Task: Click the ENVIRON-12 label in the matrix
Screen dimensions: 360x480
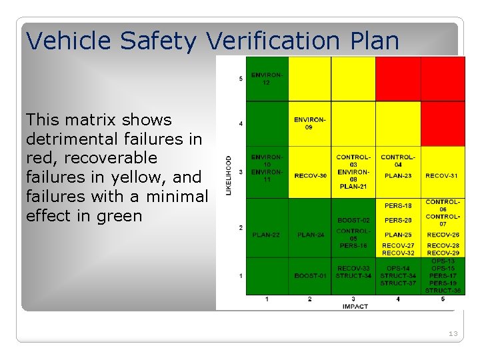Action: pos(267,79)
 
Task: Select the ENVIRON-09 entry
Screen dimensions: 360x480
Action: pos(310,123)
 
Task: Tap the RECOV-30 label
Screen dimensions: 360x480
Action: pos(310,176)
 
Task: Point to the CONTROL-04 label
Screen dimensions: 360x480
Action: pos(398,161)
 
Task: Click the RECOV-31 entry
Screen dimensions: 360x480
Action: pos(441,176)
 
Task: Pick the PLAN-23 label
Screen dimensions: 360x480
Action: pos(398,176)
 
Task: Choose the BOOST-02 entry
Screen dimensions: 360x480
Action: pos(353,220)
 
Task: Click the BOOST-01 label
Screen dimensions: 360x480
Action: pos(310,276)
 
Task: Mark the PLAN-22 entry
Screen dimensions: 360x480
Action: pos(266,235)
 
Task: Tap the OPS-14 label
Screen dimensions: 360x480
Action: pos(398,268)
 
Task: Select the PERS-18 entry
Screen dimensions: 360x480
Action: pos(398,205)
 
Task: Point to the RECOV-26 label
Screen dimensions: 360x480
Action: pos(443,235)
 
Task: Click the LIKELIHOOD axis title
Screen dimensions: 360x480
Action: pos(228,175)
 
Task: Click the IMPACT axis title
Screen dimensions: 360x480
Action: pos(355,306)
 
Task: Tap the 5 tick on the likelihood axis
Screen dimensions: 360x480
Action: pos(241,79)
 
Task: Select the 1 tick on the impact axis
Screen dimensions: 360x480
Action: pos(267,299)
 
